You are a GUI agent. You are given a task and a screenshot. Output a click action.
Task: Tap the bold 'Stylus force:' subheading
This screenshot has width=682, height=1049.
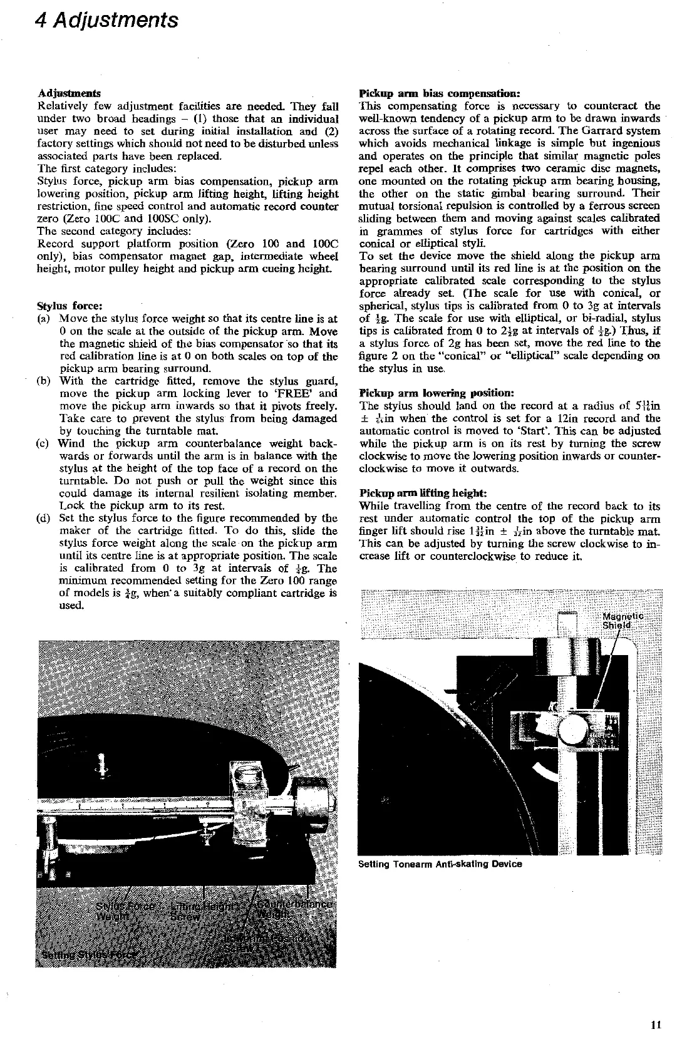[70, 306]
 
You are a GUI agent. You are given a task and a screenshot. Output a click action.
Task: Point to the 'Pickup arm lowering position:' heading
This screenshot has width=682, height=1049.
[437, 393]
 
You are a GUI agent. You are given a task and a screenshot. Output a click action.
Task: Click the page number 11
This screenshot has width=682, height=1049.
[656, 1025]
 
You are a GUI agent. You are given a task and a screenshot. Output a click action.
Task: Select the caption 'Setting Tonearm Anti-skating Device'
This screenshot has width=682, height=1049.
[440, 864]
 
